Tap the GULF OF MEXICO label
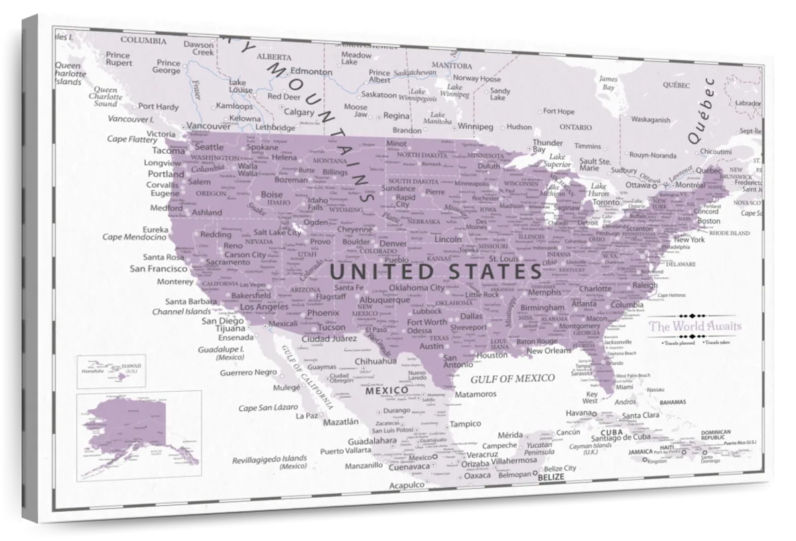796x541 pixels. [x=512, y=379]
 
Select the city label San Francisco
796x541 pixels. [x=158, y=269]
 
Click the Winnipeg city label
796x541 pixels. [x=476, y=125]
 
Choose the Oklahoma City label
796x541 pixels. [x=417, y=288]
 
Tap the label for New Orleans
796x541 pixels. [x=549, y=351]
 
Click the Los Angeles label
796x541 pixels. [x=264, y=307]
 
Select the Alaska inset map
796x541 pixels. [x=139, y=434]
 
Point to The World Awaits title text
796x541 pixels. [x=695, y=326]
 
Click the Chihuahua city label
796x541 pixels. [x=375, y=361]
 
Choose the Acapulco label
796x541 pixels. [x=406, y=485]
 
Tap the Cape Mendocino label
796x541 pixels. [x=134, y=237]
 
